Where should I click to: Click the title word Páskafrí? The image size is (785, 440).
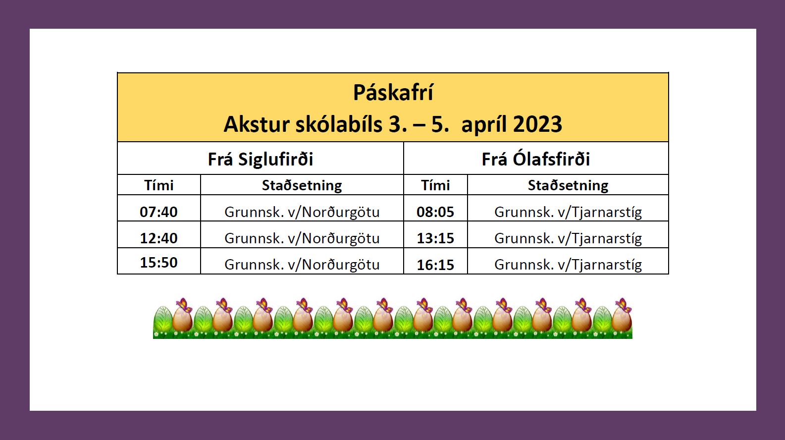393,93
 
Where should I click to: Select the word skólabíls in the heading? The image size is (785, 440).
339,124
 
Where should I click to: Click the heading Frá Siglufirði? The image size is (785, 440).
261,159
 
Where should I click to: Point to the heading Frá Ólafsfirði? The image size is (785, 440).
536,159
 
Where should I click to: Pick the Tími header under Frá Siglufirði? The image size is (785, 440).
159,185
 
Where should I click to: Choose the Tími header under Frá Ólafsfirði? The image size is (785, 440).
435,185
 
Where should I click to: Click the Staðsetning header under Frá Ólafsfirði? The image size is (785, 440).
568,185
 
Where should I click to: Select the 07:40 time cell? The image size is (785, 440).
159,212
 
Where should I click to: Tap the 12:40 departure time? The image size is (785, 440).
159,238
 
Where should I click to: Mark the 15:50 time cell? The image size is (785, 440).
159,263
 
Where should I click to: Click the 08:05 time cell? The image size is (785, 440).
435,212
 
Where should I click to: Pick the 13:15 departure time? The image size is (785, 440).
435,238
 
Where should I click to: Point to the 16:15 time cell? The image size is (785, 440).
435,265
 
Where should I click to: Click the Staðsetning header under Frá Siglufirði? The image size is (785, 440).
302,185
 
